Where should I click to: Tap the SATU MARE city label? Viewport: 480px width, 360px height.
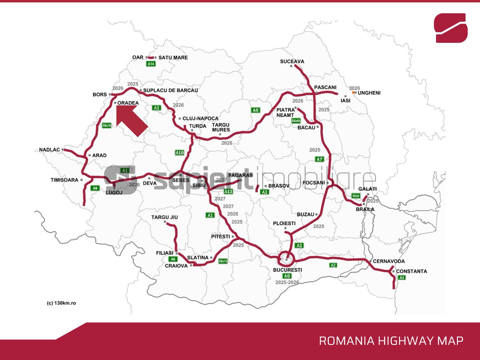pyautogui.click(x=173, y=58)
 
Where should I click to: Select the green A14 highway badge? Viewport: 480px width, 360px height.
pyautogui.click(x=151, y=64)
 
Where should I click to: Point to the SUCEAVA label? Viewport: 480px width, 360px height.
pyautogui.click(x=292, y=61)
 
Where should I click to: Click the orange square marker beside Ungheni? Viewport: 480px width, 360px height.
pyautogui.click(x=354, y=93)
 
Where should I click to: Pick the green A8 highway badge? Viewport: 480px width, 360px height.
pyautogui.click(x=255, y=110)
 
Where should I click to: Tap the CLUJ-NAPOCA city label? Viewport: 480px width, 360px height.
pyautogui.click(x=200, y=118)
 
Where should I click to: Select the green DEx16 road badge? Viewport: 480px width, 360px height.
pyautogui.click(x=107, y=126)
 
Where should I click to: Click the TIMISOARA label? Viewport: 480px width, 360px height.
pyautogui.click(x=64, y=180)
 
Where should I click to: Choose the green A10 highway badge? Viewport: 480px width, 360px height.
pyautogui.click(x=180, y=153)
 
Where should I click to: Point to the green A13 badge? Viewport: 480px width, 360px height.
pyautogui.click(x=228, y=191)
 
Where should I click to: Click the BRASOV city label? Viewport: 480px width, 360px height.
pyautogui.click(x=279, y=186)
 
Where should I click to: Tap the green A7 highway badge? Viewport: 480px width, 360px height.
pyautogui.click(x=320, y=159)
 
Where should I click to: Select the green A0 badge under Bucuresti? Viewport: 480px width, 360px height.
pyautogui.click(x=287, y=276)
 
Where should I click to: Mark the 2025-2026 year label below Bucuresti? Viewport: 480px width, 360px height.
pyautogui.click(x=287, y=282)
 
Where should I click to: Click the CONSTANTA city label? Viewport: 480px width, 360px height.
pyautogui.click(x=411, y=271)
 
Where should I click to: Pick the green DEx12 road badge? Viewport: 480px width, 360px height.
pyautogui.click(x=223, y=261)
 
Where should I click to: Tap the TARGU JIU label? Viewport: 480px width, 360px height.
pyautogui.click(x=164, y=217)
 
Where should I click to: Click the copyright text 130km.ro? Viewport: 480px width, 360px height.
pyautogui.click(x=61, y=303)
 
